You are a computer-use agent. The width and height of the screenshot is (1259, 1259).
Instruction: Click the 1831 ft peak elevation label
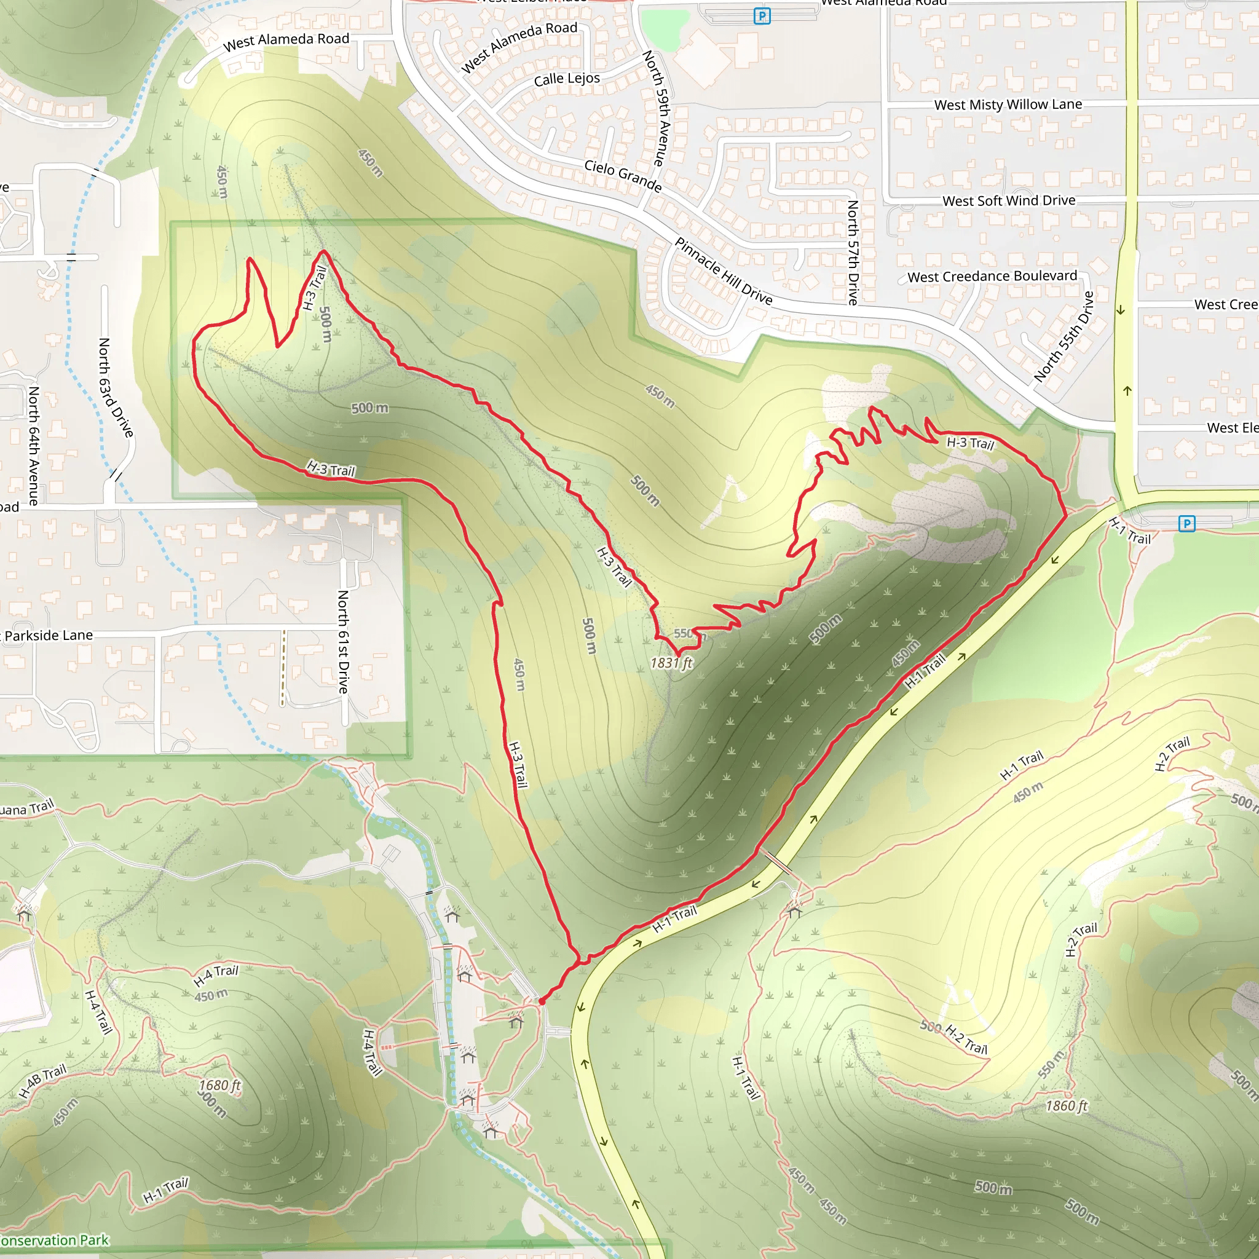tap(671, 663)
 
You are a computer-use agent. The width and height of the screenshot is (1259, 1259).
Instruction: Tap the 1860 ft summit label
tap(1067, 1106)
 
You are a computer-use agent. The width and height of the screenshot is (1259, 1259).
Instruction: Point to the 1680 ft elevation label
tap(219, 1085)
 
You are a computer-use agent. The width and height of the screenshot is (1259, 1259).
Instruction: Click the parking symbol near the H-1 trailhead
tap(1186, 523)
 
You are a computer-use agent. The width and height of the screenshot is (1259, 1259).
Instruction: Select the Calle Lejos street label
tap(567, 79)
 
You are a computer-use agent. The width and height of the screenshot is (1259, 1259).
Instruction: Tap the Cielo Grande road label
tap(623, 176)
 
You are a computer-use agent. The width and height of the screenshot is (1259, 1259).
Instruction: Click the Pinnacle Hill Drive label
tap(724, 272)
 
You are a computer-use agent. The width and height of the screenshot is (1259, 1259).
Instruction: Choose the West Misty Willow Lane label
tap(1008, 105)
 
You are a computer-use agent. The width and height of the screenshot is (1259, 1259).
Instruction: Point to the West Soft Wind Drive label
tap(1009, 200)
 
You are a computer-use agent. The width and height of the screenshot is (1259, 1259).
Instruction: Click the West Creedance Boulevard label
tap(992, 276)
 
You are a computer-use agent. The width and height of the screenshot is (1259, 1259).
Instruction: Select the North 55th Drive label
tap(1064, 336)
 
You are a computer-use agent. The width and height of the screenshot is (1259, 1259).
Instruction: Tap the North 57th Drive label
tap(853, 252)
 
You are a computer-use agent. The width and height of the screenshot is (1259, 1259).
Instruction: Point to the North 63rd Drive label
tap(116, 388)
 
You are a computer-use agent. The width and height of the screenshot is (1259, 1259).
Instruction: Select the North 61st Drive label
tap(344, 641)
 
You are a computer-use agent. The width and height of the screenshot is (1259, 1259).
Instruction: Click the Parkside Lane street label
tap(49, 636)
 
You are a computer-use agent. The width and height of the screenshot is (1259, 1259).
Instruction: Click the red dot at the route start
tap(542, 1001)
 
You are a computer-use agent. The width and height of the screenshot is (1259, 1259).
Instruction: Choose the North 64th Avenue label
tap(33, 446)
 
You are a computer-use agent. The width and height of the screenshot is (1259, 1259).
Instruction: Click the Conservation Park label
tap(55, 1240)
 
